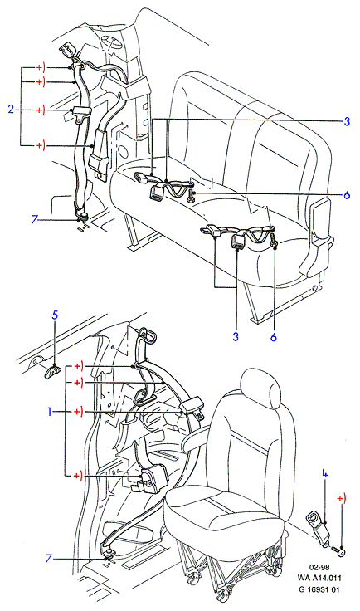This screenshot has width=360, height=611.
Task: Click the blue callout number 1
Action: [50, 411]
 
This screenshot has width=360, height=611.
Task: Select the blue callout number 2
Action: [11, 110]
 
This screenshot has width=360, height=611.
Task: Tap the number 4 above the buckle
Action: [324, 474]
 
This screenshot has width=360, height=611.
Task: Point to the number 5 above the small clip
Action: [55, 315]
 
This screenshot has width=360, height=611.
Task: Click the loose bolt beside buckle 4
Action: [339, 551]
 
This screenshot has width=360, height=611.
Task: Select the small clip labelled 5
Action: [52, 371]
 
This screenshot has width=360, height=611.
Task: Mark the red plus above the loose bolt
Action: [341, 498]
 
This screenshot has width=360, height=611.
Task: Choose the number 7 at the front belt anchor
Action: [48, 559]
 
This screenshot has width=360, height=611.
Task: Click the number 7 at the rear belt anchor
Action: [35, 220]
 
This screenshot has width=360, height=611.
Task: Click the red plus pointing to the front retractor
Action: [78, 476]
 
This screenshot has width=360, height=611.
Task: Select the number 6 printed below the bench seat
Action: [273, 337]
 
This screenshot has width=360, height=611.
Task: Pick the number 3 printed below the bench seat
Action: [236, 336]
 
